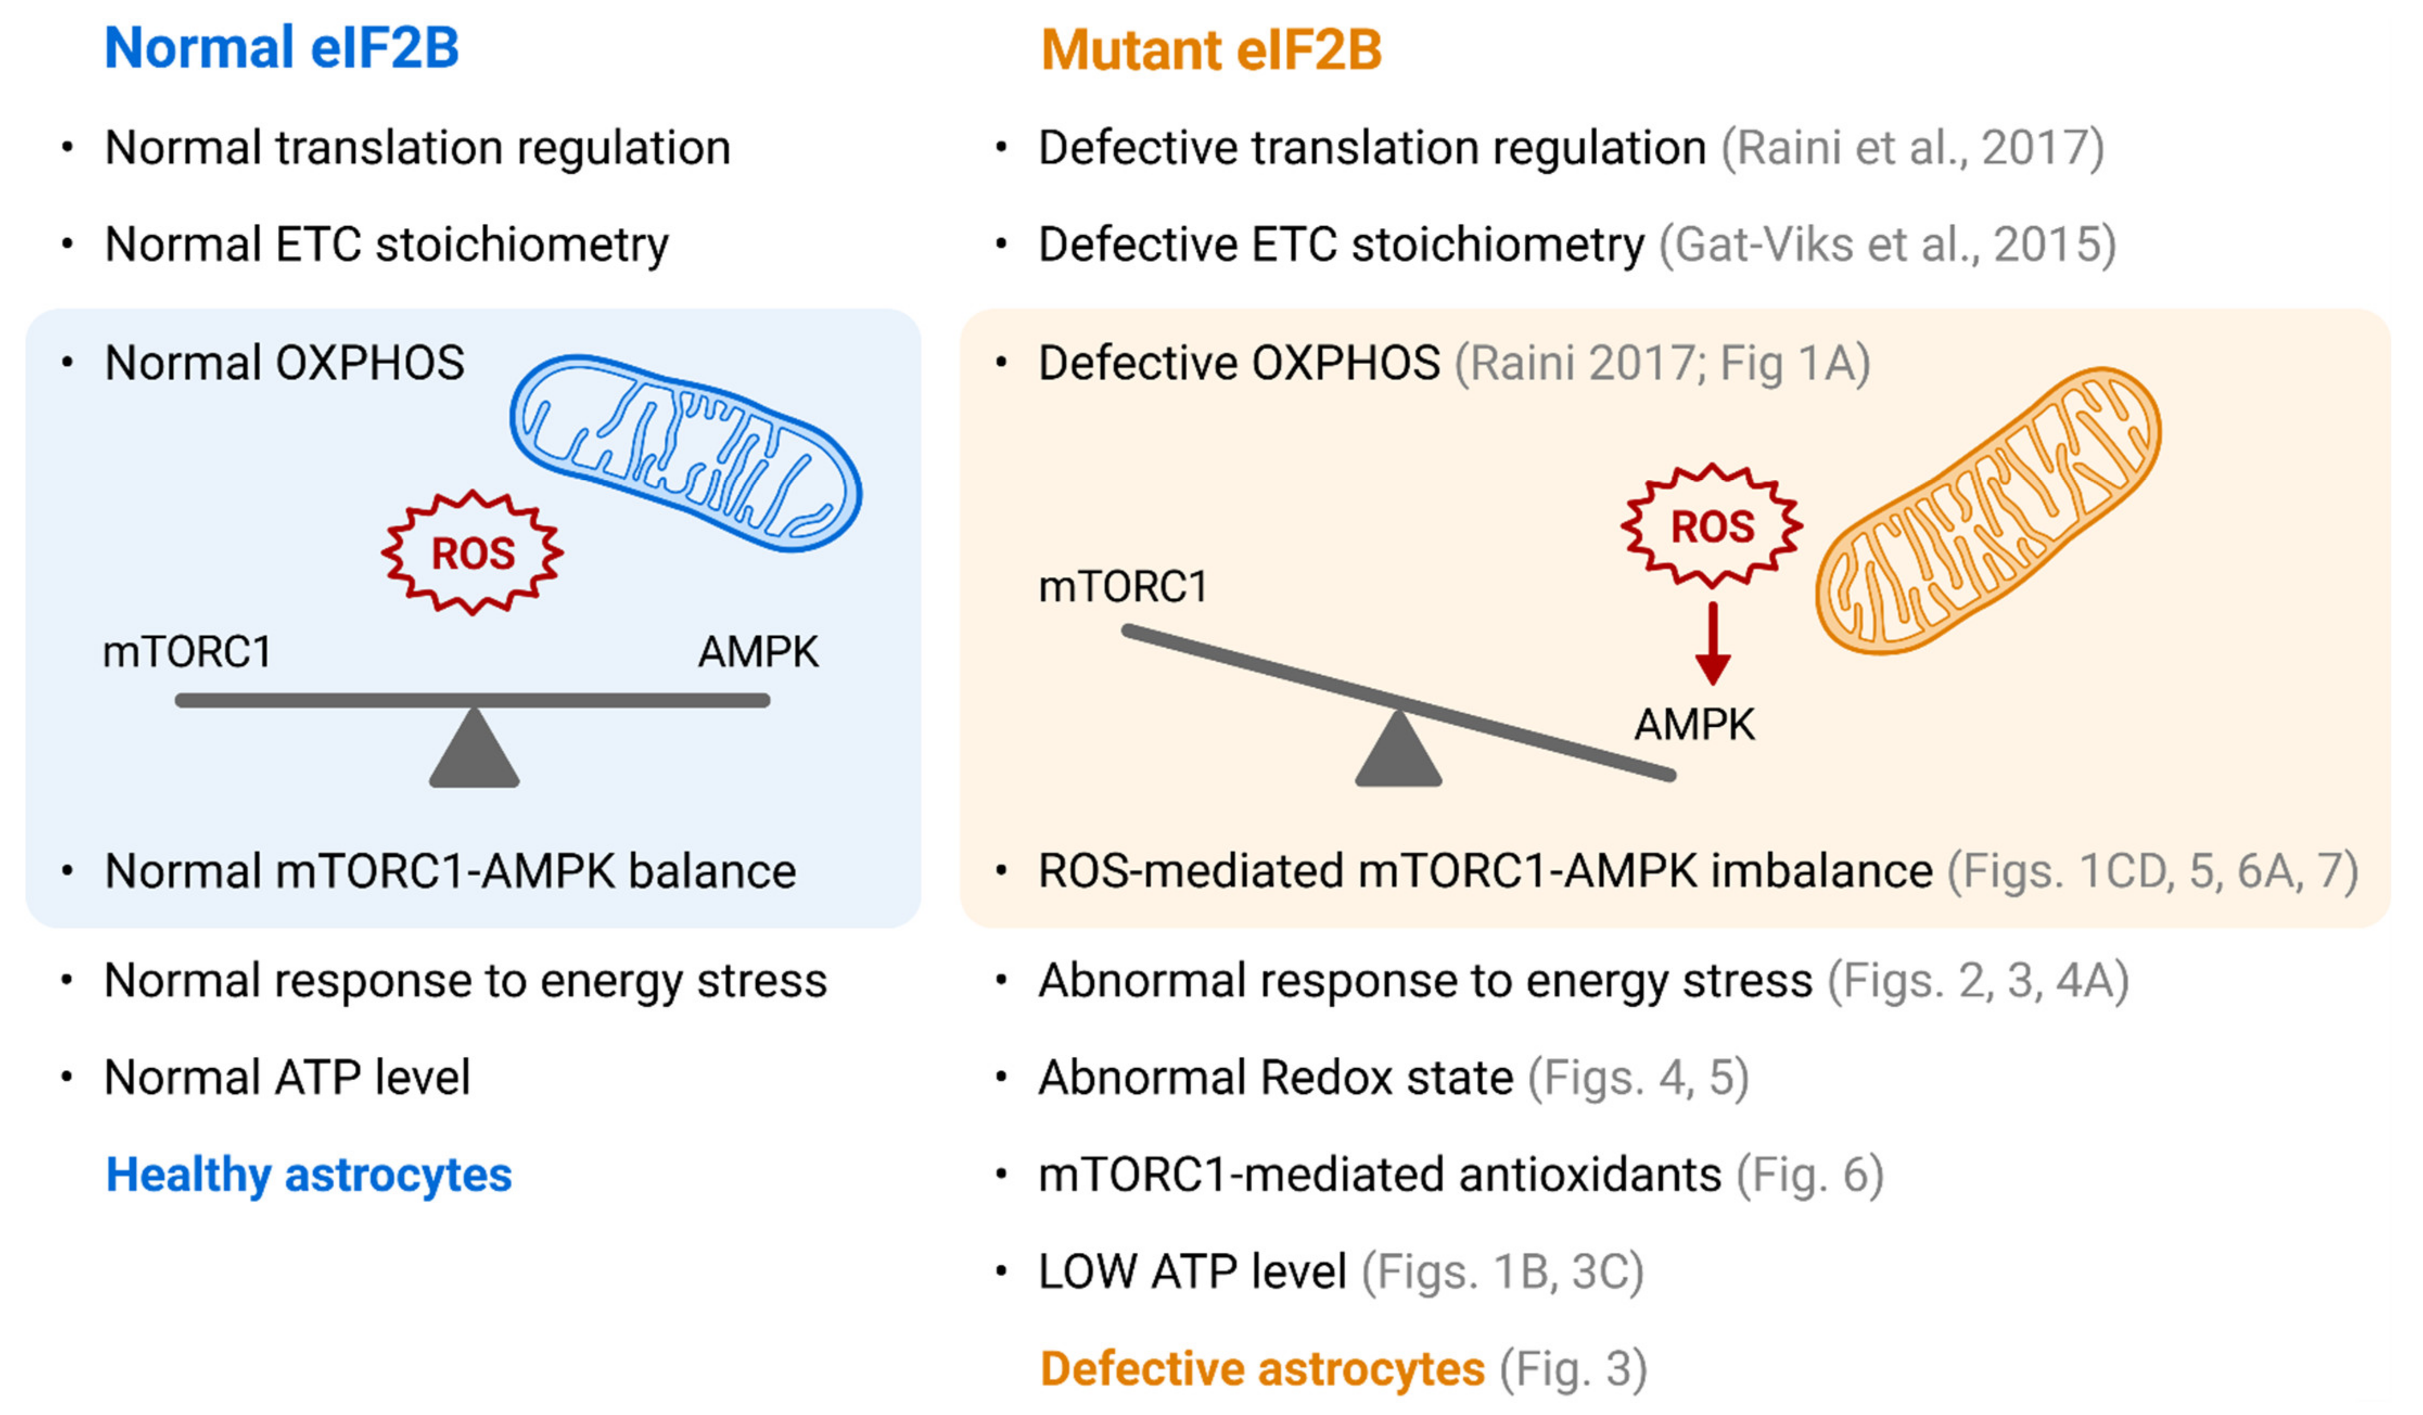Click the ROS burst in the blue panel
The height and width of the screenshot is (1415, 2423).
472,553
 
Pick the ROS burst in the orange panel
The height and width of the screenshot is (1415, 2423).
1712,526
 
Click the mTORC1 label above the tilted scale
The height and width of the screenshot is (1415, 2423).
1122,587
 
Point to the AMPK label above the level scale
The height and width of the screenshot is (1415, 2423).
758,652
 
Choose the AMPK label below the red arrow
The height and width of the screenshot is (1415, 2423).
1694,725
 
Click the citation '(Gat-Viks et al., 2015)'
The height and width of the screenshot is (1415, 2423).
1886,244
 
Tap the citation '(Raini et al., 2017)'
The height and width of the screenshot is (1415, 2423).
1911,148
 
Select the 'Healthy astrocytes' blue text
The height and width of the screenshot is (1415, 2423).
309,1175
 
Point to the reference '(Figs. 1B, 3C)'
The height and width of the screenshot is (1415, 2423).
1502,1272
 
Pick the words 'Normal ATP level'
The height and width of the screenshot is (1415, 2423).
286,1077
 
